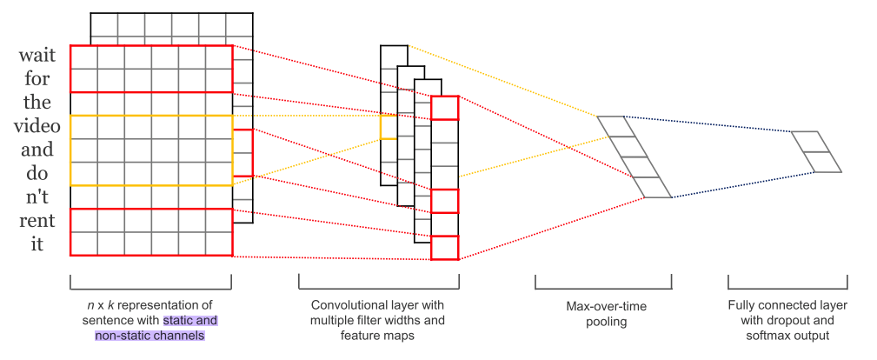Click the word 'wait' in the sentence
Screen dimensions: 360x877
(37, 56)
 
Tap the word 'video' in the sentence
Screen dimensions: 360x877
(37, 126)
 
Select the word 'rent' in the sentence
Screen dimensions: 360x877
(37, 221)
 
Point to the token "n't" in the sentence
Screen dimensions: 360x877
(37, 197)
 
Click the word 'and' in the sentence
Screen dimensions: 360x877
(37, 150)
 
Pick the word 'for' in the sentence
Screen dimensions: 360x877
(37, 79)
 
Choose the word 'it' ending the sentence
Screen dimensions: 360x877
(37, 244)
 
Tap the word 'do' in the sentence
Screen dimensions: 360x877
(37, 173)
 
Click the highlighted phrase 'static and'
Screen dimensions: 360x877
(189, 320)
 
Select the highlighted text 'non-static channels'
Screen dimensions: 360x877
(149, 336)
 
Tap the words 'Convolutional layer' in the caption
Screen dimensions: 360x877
(377, 305)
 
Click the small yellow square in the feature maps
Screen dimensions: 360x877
(388, 127)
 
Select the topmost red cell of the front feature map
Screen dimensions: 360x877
(444, 108)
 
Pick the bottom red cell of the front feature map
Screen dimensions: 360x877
(444, 248)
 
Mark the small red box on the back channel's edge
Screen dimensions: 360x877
(243, 153)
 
